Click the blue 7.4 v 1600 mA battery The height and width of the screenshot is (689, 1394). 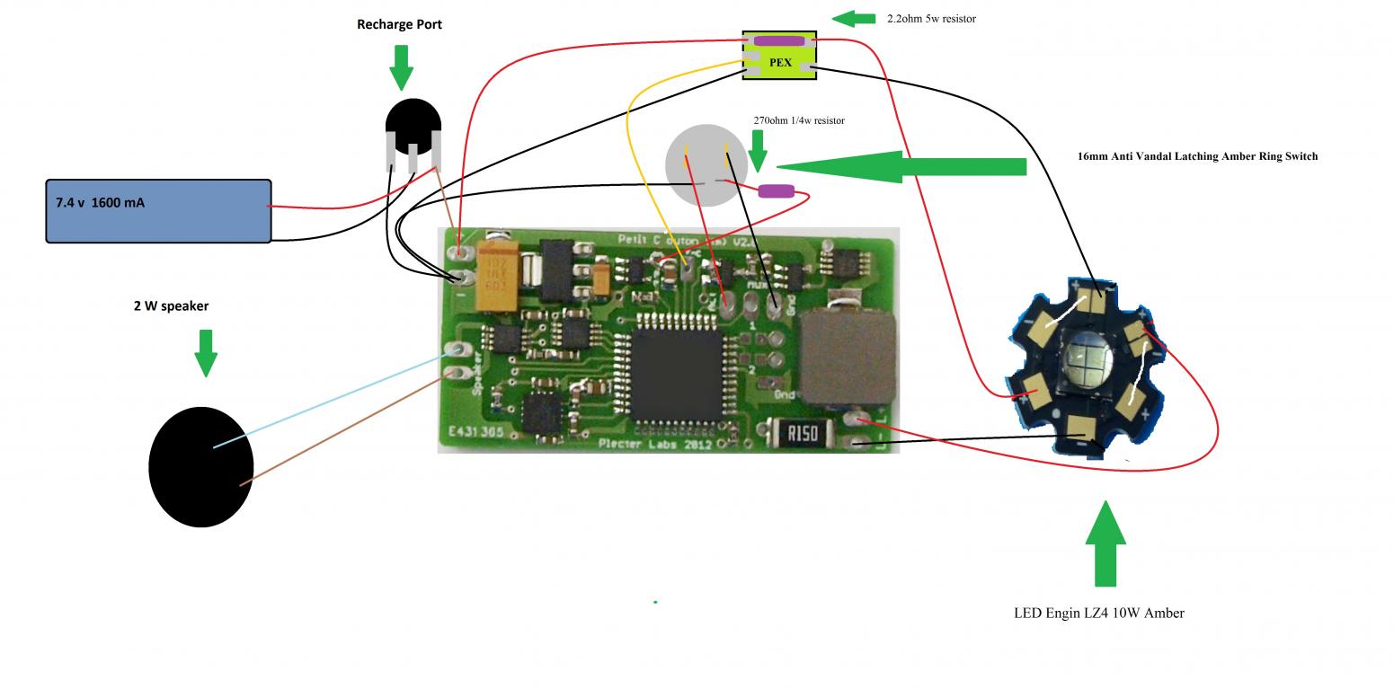pyautogui.click(x=158, y=211)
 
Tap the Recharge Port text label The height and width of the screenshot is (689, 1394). pyautogui.click(x=399, y=24)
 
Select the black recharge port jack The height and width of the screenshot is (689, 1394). pyautogui.click(x=413, y=127)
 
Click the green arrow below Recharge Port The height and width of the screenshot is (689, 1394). pyautogui.click(x=401, y=66)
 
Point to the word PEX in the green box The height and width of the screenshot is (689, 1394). pyautogui.click(x=780, y=63)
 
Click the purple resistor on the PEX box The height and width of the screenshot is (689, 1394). pyautogui.click(x=779, y=40)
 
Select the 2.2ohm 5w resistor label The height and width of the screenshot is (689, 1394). pyautogui.click(x=930, y=18)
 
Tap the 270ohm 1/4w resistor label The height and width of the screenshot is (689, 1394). pyautogui.click(x=798, y=120)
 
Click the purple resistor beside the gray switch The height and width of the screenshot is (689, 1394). pyautogui.click(x=776, y=190)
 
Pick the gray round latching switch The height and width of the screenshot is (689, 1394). pyautogui.click(x=706, y=165)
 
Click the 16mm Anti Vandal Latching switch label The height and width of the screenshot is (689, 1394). pyautogui.click(x=1197, y=156)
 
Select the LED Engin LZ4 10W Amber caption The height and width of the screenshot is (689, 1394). pyautogui.click(x=1098, y=613)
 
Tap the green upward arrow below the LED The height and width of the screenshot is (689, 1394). pyautogui.click(x=1105, y=543)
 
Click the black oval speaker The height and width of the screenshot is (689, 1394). pyautogui.click(x=200, y=466)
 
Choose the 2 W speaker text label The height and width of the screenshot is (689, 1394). pyautogui.click(x=171, y=306)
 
